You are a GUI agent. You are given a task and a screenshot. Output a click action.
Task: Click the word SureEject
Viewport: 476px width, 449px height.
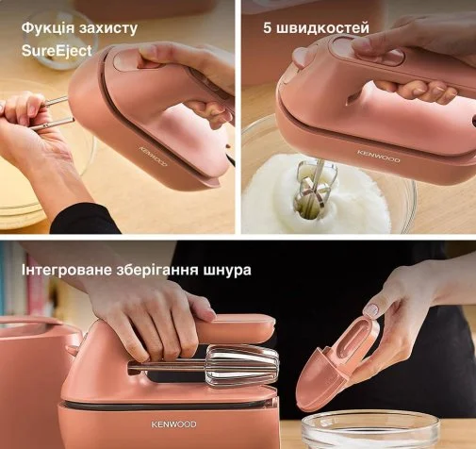click(57, 51)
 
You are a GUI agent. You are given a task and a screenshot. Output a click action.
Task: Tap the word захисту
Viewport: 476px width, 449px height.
click(108, 28)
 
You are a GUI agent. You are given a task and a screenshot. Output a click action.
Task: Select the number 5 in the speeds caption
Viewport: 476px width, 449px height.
click(267, 28)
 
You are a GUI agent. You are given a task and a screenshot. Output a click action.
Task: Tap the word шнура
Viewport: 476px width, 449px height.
click(228, 271)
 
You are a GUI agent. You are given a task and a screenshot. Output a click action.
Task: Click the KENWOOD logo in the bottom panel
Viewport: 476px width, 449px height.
click(173, 424)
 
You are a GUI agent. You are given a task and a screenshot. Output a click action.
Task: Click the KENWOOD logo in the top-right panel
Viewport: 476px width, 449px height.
click(379, 157)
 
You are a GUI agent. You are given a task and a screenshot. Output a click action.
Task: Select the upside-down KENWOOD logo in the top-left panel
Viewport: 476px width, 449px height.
click(153, 156)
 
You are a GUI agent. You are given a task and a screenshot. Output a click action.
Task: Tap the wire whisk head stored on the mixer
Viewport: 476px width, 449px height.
click(240, 365)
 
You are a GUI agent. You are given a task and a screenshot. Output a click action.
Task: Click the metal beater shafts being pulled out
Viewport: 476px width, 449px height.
click(52, 114)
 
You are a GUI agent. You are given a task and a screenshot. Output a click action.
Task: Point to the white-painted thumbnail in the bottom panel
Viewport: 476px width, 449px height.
click(371, 310)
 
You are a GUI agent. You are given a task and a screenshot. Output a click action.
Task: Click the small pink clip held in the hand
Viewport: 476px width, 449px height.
click(337, 361)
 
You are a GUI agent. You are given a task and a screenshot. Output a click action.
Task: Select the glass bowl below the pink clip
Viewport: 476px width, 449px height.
click(369, 431)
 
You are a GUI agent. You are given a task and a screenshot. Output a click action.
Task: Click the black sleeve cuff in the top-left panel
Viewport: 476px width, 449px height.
click(85, 219)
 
